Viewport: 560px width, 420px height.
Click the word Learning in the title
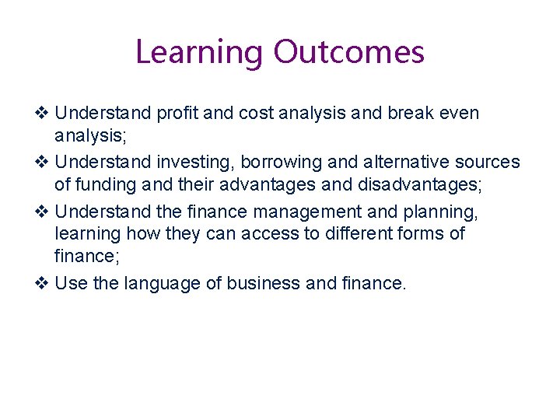click(x=200, y=53)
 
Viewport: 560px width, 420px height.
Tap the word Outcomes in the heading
click(x=348, y=53)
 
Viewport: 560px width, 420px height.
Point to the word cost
click(x=257, y=114)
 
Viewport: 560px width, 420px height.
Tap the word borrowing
click(x=278, y=163)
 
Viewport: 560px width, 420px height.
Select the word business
click(x=264, y=284)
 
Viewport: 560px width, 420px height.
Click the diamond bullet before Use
click(x=44, y=284)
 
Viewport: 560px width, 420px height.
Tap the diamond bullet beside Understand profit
click(x=44, y=114)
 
